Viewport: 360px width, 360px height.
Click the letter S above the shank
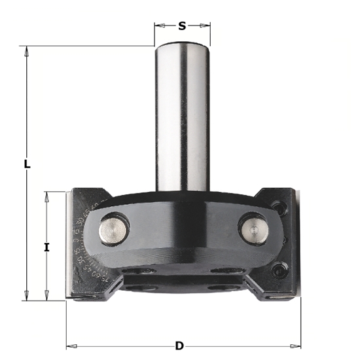(183, 26)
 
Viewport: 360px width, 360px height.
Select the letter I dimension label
(46, 247)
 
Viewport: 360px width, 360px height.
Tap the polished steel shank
(181, 118)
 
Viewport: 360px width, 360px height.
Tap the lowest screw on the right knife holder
(281, 268)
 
